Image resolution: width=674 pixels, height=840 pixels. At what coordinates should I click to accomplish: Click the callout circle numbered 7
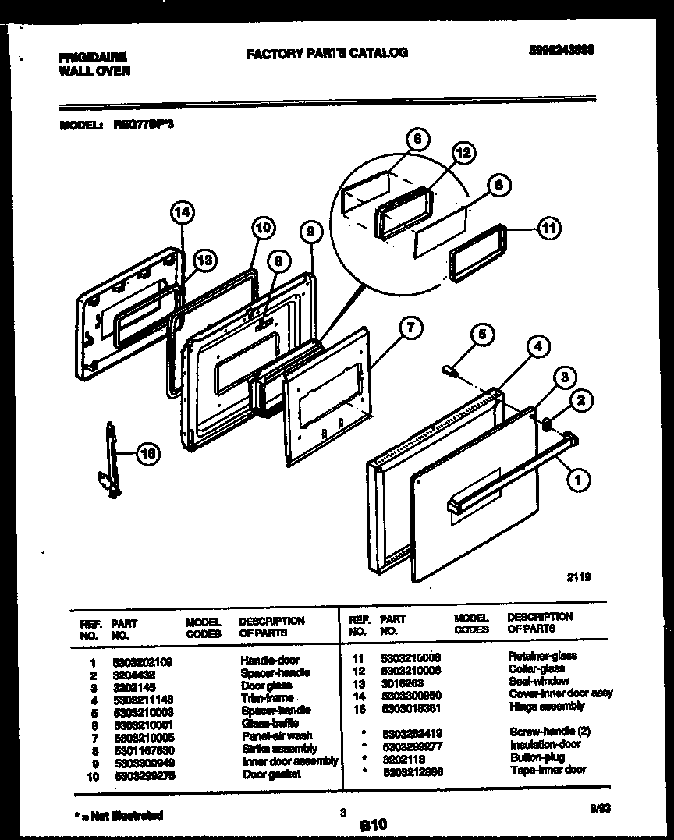(x=410, y=328)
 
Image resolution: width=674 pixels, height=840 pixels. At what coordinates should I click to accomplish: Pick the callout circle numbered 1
(x=577, y=480)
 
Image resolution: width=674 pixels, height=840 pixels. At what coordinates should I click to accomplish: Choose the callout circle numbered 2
(x=580, y=402)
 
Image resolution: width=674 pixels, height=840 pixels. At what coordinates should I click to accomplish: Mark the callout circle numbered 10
(x=264, y=228)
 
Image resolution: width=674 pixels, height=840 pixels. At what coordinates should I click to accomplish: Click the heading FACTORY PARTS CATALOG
(x=326, y=53)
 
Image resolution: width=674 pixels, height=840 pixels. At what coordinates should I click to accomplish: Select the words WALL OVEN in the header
(x=94, y=70)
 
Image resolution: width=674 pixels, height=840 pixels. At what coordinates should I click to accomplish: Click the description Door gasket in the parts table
(x=271, y=774)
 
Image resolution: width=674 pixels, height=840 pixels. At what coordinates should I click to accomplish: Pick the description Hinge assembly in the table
(x=546, y=706)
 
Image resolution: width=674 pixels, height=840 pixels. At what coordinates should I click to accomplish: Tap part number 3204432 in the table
(x=134, y=673)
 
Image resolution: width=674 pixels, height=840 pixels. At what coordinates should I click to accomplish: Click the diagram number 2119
(x=578, y=578)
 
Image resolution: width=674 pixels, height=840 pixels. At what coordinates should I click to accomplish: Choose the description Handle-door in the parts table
(x=269, y=661)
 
